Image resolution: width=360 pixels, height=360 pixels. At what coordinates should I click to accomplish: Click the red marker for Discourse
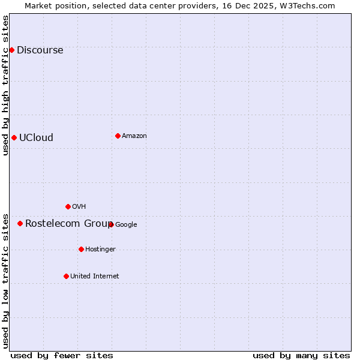(11, 50)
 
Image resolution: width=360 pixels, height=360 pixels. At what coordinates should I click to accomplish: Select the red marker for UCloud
(14, 137)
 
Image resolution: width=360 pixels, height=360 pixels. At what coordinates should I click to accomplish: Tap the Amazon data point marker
(118, 136)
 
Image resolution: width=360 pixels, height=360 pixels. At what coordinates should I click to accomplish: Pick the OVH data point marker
(68, 206)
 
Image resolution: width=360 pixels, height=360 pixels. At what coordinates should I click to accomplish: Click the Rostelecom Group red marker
(20, 223)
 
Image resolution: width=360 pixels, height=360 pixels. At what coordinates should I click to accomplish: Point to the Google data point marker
(111, 224)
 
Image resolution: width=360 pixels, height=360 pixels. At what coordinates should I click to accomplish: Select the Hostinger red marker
(81, 249)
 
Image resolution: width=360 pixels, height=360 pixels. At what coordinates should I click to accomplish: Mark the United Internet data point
(66, 276)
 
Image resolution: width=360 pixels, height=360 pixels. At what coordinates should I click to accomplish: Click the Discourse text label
(40, 50)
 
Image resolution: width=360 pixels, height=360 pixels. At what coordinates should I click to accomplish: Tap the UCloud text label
(36, 138)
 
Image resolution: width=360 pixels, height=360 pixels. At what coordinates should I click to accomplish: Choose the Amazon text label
(134, 136)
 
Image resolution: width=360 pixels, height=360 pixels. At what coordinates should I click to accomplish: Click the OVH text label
(79, 207)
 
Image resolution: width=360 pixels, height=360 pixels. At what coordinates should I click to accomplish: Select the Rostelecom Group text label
(68, 224)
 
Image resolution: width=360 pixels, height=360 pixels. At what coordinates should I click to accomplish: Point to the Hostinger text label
(100, 250)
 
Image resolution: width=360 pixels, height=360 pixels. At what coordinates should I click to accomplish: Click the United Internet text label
(94, 277)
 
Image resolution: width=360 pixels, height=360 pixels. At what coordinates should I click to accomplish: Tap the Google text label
(126, 225)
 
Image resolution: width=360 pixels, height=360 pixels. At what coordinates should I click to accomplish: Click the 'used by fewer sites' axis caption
(62, 355)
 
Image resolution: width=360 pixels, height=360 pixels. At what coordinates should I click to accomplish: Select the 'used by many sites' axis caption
(301, 355)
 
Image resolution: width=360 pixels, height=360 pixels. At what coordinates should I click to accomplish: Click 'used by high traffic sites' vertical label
(6, 85)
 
